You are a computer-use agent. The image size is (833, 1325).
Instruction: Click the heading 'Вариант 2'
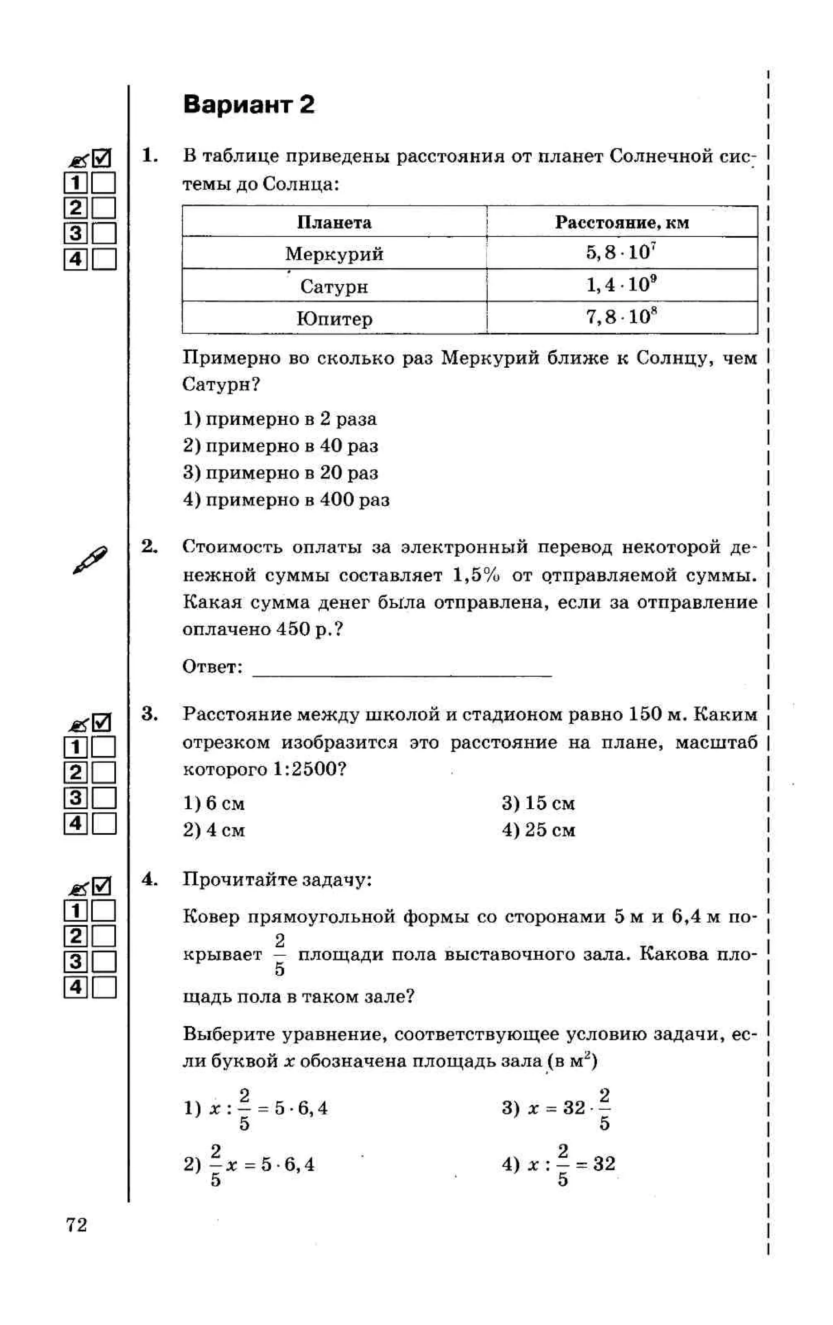coord(248,105)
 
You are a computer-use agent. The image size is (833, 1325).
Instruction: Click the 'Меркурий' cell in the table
coord(334,254)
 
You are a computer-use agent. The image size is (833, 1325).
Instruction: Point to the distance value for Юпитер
coord(621,317)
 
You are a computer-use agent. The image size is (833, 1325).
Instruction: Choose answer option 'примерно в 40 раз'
coord(281,446)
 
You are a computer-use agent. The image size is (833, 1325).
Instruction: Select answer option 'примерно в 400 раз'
coord(286,500)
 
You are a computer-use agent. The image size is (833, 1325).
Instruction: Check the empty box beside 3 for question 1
coord(104,233)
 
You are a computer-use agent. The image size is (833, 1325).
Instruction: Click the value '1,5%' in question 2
coord(476,575)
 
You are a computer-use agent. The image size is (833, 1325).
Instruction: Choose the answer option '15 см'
coord(538,803)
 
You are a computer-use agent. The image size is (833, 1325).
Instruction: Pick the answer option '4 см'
coord(214,830)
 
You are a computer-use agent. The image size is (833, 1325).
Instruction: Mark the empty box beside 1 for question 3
coord(104,747)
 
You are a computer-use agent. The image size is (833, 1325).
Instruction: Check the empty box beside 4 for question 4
coord(104,987)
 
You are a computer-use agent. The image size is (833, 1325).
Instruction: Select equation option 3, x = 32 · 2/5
coord(556,1108)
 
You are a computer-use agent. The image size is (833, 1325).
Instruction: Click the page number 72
coord(76,1225)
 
